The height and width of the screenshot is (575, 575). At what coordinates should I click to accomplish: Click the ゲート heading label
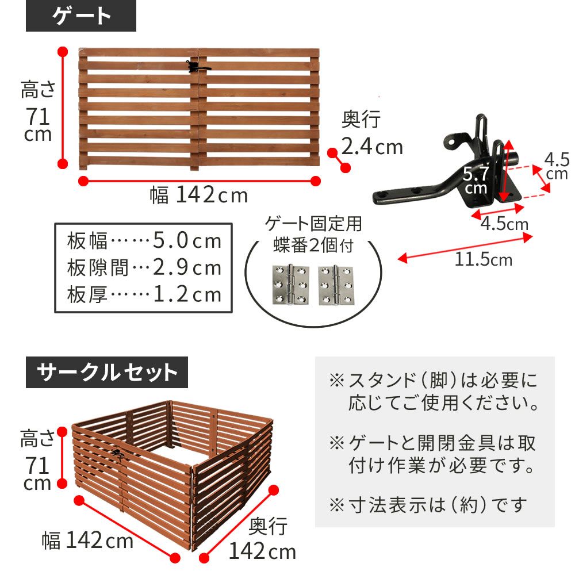click(81, 17)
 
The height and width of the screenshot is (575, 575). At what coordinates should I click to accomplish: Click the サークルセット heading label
click(107, 373)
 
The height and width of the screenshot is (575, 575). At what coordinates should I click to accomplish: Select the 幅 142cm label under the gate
click(198, 195)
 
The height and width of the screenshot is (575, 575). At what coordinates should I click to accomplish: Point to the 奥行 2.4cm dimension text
click(371, 134)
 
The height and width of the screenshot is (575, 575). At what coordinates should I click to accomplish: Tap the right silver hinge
click(336, 285)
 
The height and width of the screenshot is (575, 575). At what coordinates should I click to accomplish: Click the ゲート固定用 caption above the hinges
click(313, 224)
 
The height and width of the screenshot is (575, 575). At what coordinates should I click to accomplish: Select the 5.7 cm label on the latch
click(477, 179)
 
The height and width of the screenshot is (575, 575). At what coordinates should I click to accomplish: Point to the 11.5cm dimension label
click(483, 260)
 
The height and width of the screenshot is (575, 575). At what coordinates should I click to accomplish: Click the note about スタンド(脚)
click(434, 391)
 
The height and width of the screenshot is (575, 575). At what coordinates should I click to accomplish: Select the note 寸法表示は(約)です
click(428, 505)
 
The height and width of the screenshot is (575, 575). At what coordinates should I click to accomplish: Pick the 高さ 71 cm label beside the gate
click(38, 112)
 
